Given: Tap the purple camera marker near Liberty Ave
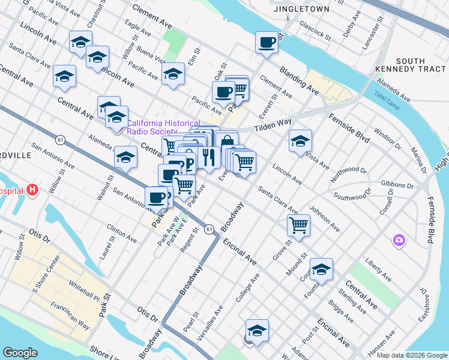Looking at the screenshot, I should [399, 241].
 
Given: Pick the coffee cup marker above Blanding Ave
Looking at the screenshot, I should [267, 43].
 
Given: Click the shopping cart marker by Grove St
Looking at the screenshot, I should [298, 226].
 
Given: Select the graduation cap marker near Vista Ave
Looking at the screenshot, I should [300, 142].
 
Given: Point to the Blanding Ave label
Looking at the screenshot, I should [299, 80].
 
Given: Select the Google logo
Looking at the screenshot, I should [20, 352].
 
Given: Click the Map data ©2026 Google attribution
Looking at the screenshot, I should [412, 355].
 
